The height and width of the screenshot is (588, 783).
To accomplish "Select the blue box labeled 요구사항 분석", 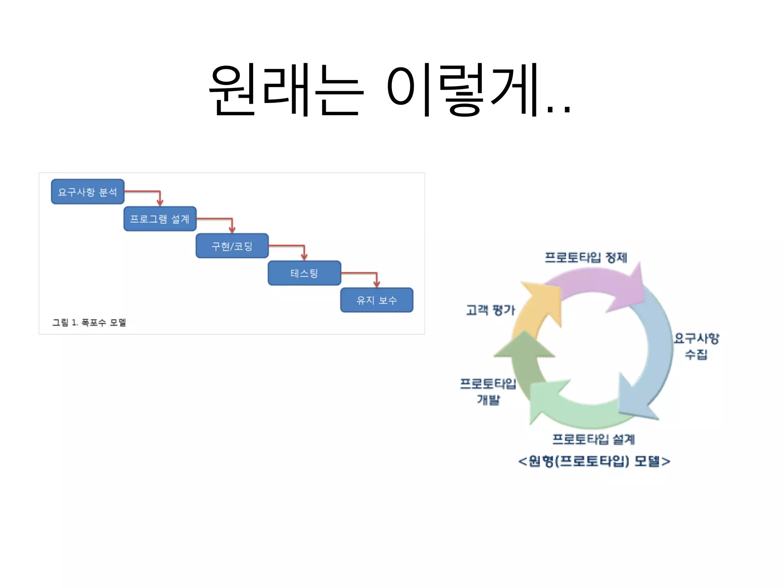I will click(88, 192).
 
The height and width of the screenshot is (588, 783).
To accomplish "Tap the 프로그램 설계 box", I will click(160, 219).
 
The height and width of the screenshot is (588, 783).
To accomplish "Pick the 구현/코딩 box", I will click(232, 246).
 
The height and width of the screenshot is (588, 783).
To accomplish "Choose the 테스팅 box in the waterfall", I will click(304, 273).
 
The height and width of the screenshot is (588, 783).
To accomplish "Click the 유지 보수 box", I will click(377, 300).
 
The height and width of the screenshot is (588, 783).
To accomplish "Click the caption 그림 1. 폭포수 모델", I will click(89, 323).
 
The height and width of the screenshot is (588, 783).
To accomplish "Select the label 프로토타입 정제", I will click(586, 258).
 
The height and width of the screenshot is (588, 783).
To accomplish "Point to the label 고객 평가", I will click(491, 310).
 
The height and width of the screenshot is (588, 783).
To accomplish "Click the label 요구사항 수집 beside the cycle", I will click(696, 346).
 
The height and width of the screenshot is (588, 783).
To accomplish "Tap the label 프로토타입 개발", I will click(488, 391).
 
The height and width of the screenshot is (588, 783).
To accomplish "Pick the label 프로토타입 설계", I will click(593, 439).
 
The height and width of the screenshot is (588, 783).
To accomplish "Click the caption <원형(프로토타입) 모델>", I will click(594, 461).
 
